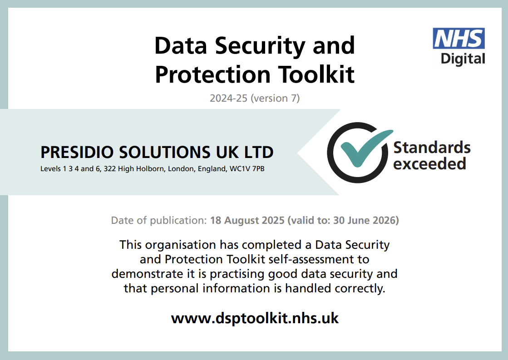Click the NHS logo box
click(459, 38)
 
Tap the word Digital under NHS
click(463, 59)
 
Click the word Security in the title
click(260, 46)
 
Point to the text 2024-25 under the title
click(228, 98)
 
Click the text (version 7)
click(275, 98)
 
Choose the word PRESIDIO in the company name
click(77, 152)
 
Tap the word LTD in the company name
click(258, 152)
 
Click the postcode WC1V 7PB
click(247, 169)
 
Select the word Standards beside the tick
click(432, 148)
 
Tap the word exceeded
click(429, 163)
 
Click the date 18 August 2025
click(247, 220)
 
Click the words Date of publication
click(159, 220)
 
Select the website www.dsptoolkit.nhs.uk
click(255, 318)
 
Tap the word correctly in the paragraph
click(360, 288)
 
